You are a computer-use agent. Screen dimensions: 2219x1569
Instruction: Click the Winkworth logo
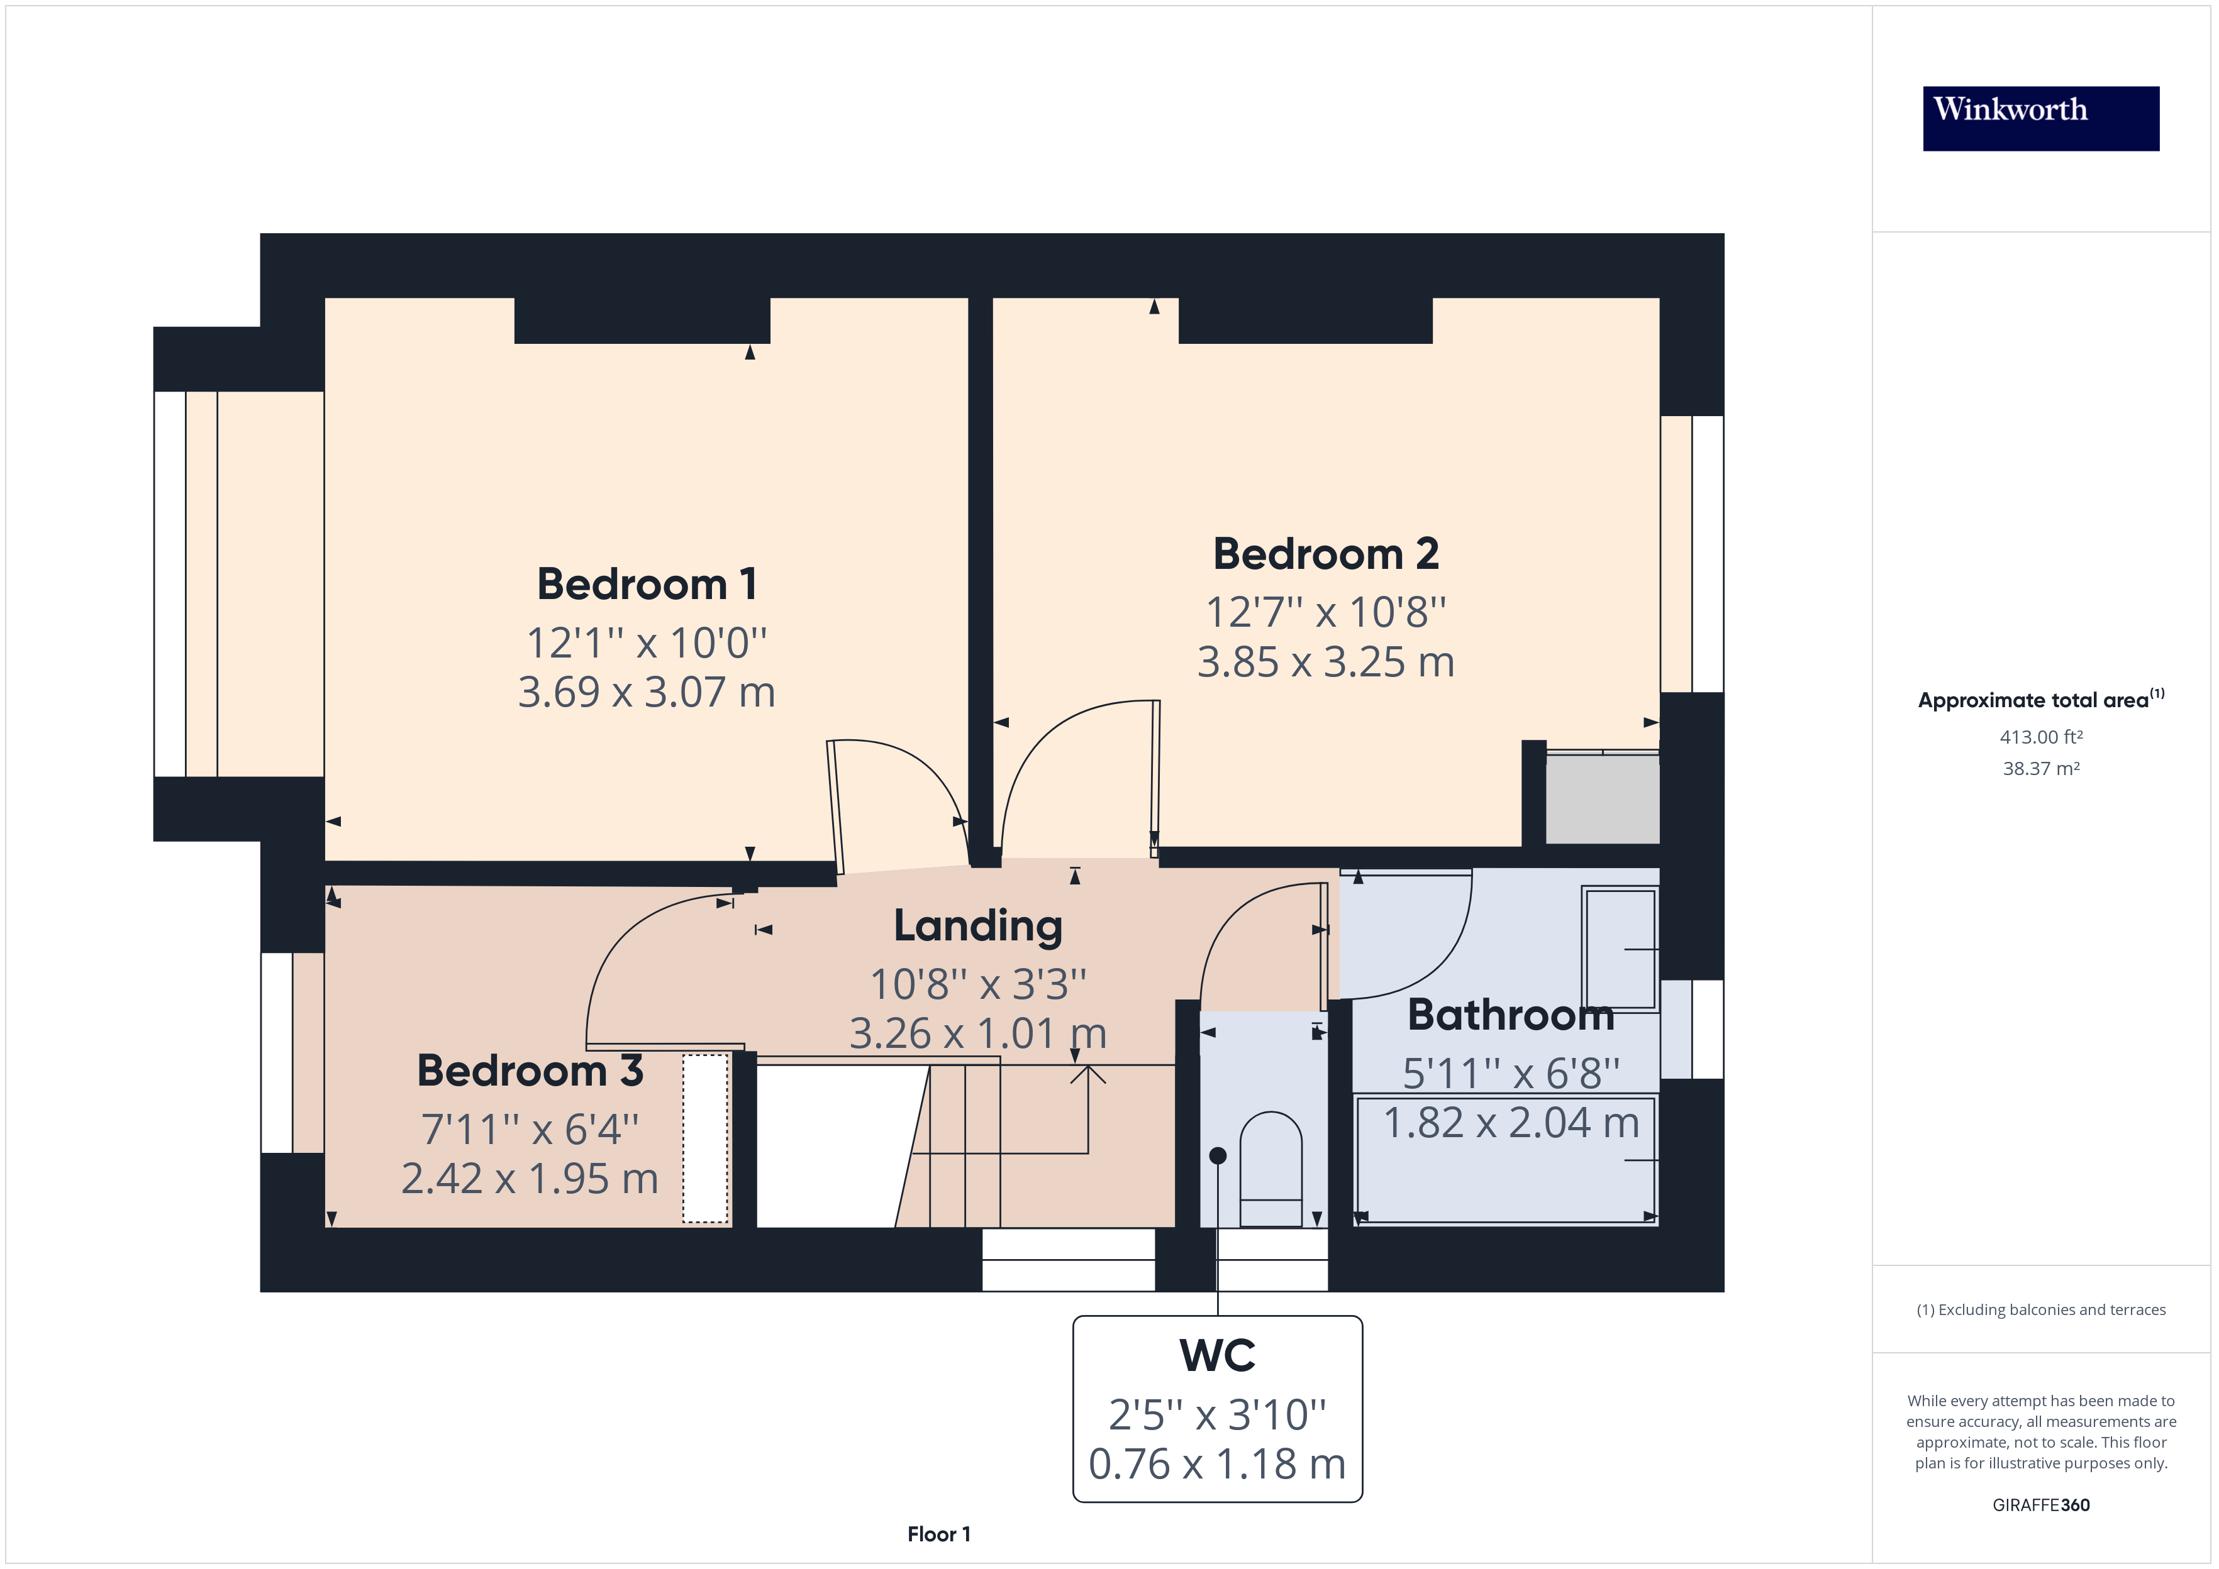coord(2040,118)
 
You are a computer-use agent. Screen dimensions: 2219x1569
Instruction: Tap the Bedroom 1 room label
coord(647,585)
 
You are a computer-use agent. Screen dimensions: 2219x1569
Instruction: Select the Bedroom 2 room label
coord(1326,554)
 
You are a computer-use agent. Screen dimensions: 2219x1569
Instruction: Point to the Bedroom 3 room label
coord(530,1071)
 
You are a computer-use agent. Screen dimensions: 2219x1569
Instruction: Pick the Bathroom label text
coord(1511,1015)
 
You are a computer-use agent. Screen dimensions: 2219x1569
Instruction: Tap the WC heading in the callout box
coord(1218,1355)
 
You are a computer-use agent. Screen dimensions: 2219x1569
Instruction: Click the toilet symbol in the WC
coord(1271,1169)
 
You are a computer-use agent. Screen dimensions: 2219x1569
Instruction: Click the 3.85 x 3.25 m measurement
coord(1326,663)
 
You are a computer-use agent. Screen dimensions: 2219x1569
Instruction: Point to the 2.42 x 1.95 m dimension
coord(530,1179)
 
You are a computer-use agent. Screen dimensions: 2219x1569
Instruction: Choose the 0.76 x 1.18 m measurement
coord(1218,1463)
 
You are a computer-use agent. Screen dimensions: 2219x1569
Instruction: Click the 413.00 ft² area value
coord(2041,737)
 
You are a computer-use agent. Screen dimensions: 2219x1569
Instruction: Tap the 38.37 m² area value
coord(2041,769)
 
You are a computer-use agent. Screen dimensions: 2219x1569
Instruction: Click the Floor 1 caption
coord(938,1534)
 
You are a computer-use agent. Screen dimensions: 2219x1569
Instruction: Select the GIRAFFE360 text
coord(2041,1506)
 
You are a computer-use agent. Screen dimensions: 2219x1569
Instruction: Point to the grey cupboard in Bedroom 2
coord(1603,798)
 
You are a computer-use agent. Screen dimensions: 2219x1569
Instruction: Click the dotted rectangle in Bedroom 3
coord(706,1139)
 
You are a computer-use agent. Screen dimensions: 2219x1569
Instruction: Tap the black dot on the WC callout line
coord(1218,1155)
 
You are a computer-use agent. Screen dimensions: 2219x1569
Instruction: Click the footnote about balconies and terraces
coord(2041,1310)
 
